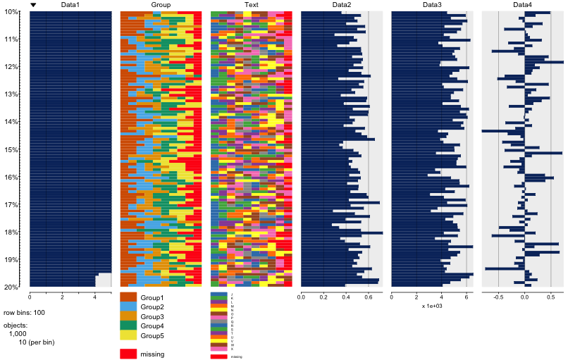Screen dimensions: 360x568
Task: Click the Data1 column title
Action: click(x=70, y=5)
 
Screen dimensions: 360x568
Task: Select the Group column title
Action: click(x=161, y=5)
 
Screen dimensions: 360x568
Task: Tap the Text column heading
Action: click(x=251, y=5)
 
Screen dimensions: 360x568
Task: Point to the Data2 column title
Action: click(x=342, y=5)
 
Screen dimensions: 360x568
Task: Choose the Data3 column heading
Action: click(x=432, y=5)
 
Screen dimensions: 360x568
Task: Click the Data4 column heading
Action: click(x=522, y=5)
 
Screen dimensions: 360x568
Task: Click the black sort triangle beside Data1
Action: click(x=33, y=5)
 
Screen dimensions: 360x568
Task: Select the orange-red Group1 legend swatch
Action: click(x=128, y=298)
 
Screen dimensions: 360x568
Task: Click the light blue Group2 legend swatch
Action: click(x=128, y=307)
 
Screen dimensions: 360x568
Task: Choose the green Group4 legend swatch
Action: click(x=128, y=325)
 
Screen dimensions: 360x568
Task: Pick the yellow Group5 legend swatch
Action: click(x=128, y=335)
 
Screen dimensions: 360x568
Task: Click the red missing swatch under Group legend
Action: click(x=128, y=354)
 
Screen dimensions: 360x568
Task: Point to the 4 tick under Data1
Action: click(x=95, y=297)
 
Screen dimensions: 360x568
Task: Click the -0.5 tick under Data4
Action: click(x=498, y=297)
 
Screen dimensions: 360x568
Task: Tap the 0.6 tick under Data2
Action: click(x=368, y=297)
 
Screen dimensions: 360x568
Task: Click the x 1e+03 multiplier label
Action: click(x=432, y=306)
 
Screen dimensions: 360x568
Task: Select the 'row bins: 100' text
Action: click(x=25, y=312)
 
